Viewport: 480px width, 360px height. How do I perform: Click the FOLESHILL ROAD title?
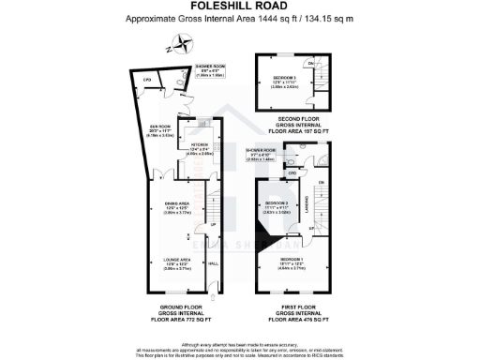240,7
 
